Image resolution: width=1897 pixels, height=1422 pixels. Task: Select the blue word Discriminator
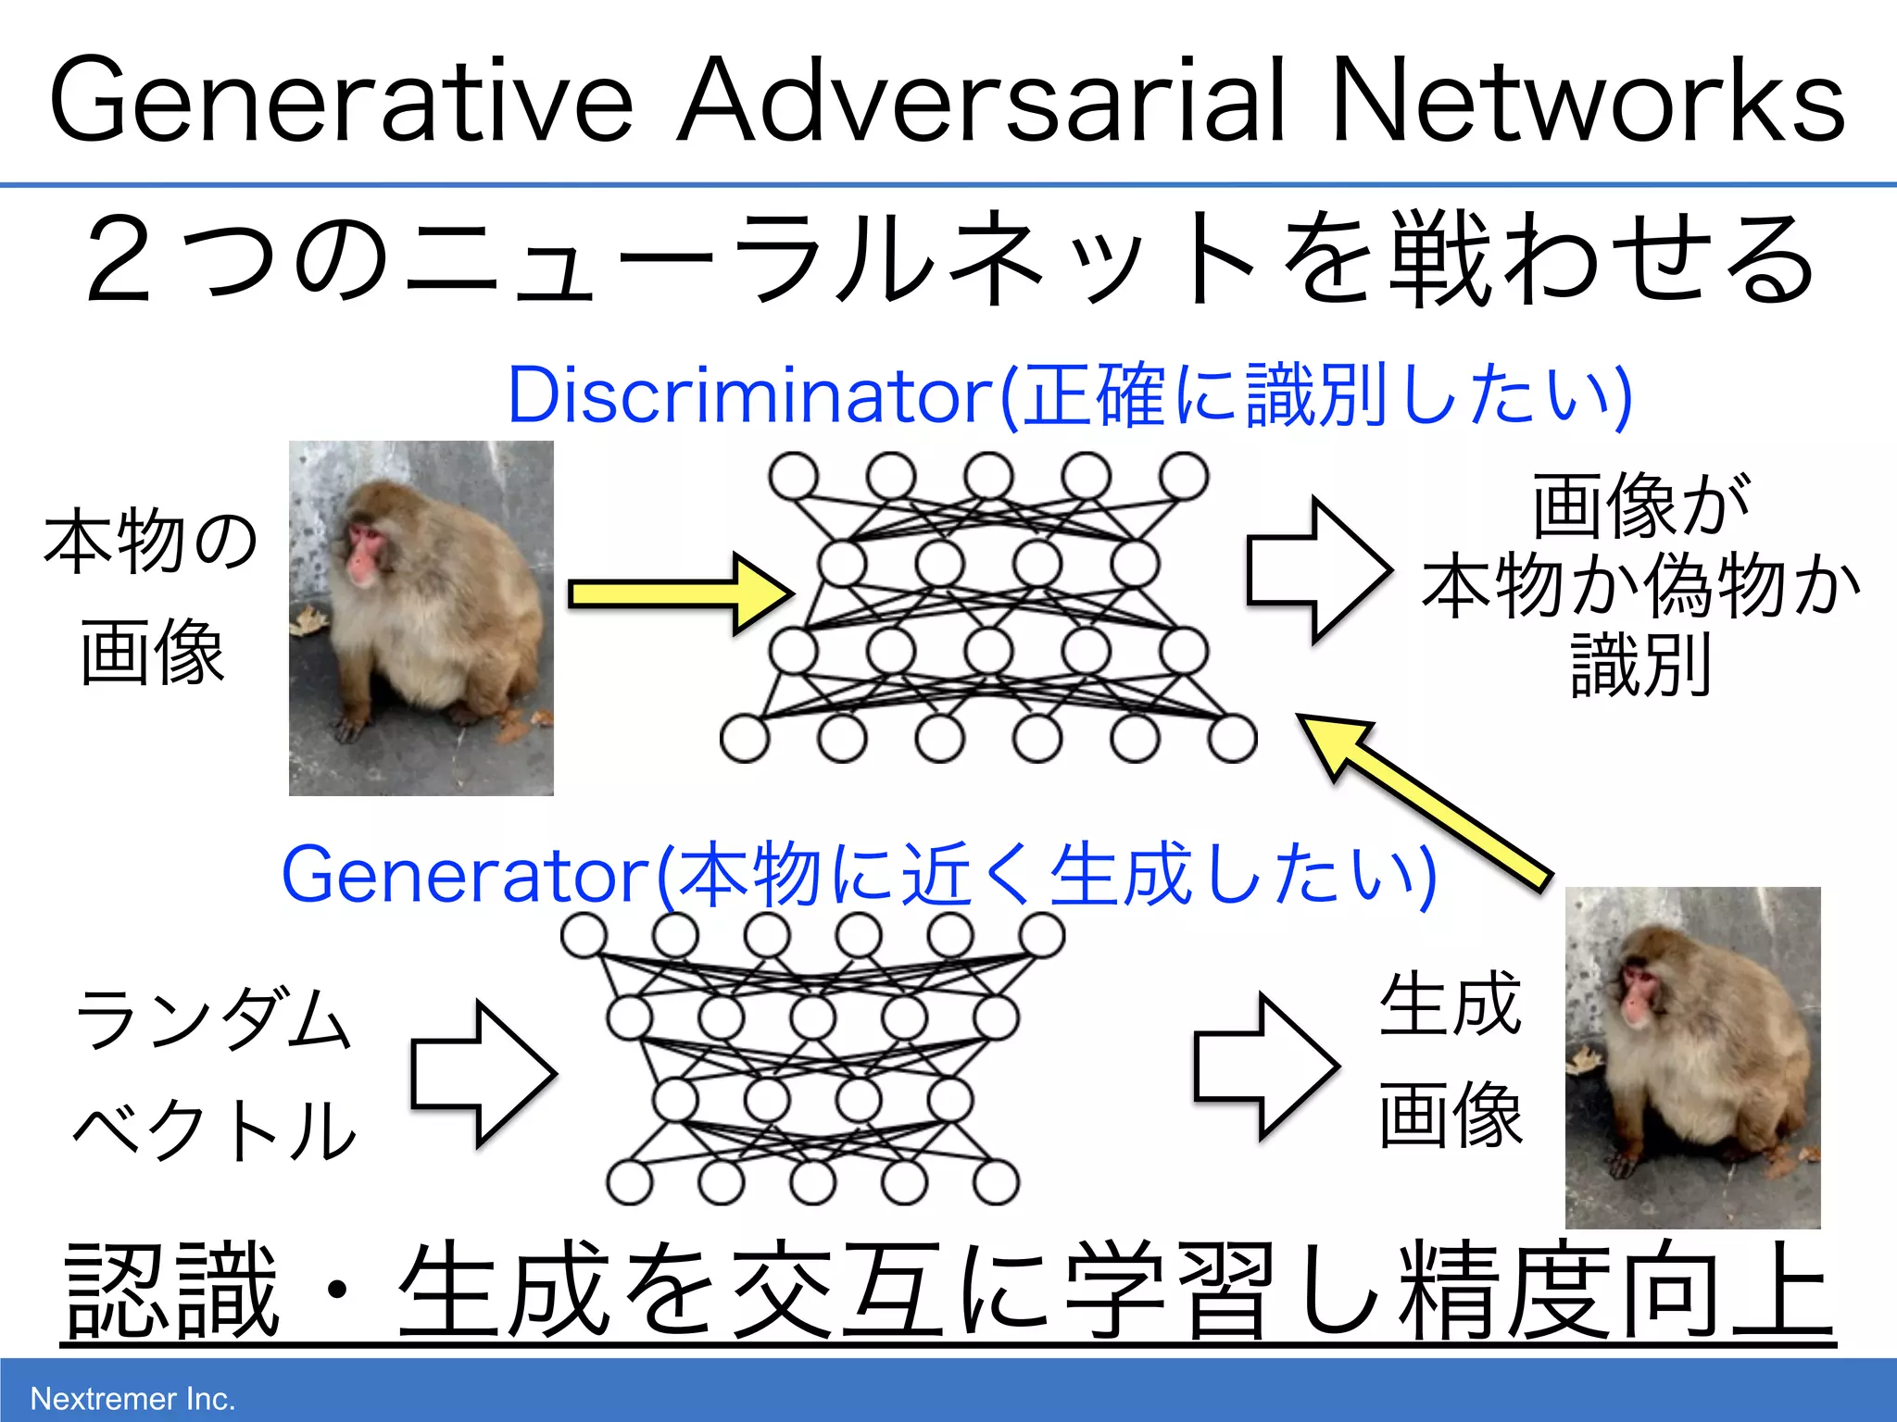tap(750, 396)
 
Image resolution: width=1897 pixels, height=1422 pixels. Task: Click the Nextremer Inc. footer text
tap(132, 1398)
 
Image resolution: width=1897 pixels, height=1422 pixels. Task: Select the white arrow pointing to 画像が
tap(1319, 569)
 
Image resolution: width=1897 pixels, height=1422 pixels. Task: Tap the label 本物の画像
tap(151, 597)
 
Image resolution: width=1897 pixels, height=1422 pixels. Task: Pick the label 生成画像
tap(1450, 1060)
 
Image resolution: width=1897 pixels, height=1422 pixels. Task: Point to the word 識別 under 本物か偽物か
tap(1639, 665)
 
